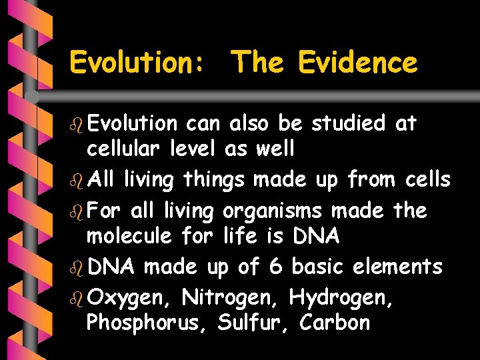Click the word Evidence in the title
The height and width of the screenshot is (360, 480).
(x=357, y=63)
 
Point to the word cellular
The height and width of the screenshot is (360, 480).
(x=123, y=149)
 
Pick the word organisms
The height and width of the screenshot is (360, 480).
(x=272, y=211)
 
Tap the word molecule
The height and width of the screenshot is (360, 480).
(x=130, y=235)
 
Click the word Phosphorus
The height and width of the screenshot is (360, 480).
(x=141, y=323)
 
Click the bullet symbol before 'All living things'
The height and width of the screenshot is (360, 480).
(x=75, y=180)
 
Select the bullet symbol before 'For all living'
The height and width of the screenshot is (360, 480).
(x=75, y=211)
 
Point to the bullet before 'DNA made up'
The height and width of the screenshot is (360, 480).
(x=75, y=267)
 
